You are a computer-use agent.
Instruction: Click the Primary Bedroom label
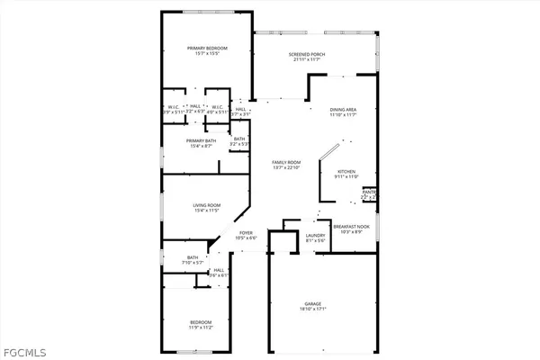(x=206, y=48)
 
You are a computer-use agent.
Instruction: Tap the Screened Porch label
(x=306, y=55)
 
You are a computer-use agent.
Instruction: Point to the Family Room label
(x=286, y=162)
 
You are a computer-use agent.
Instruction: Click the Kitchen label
(x=347, y=171)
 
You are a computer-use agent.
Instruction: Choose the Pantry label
(x=369, y=192)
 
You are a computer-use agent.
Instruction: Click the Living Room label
(x=207, y=206)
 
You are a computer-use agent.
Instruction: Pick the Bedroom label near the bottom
(x=201, y=321)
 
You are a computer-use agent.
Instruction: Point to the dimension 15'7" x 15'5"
(x=206, y=54)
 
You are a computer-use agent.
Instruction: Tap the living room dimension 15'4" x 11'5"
(x=207, y=212)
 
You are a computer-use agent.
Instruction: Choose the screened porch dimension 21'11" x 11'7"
(x=306, y=61)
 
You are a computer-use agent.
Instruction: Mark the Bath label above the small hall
(x=193, y=257)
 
